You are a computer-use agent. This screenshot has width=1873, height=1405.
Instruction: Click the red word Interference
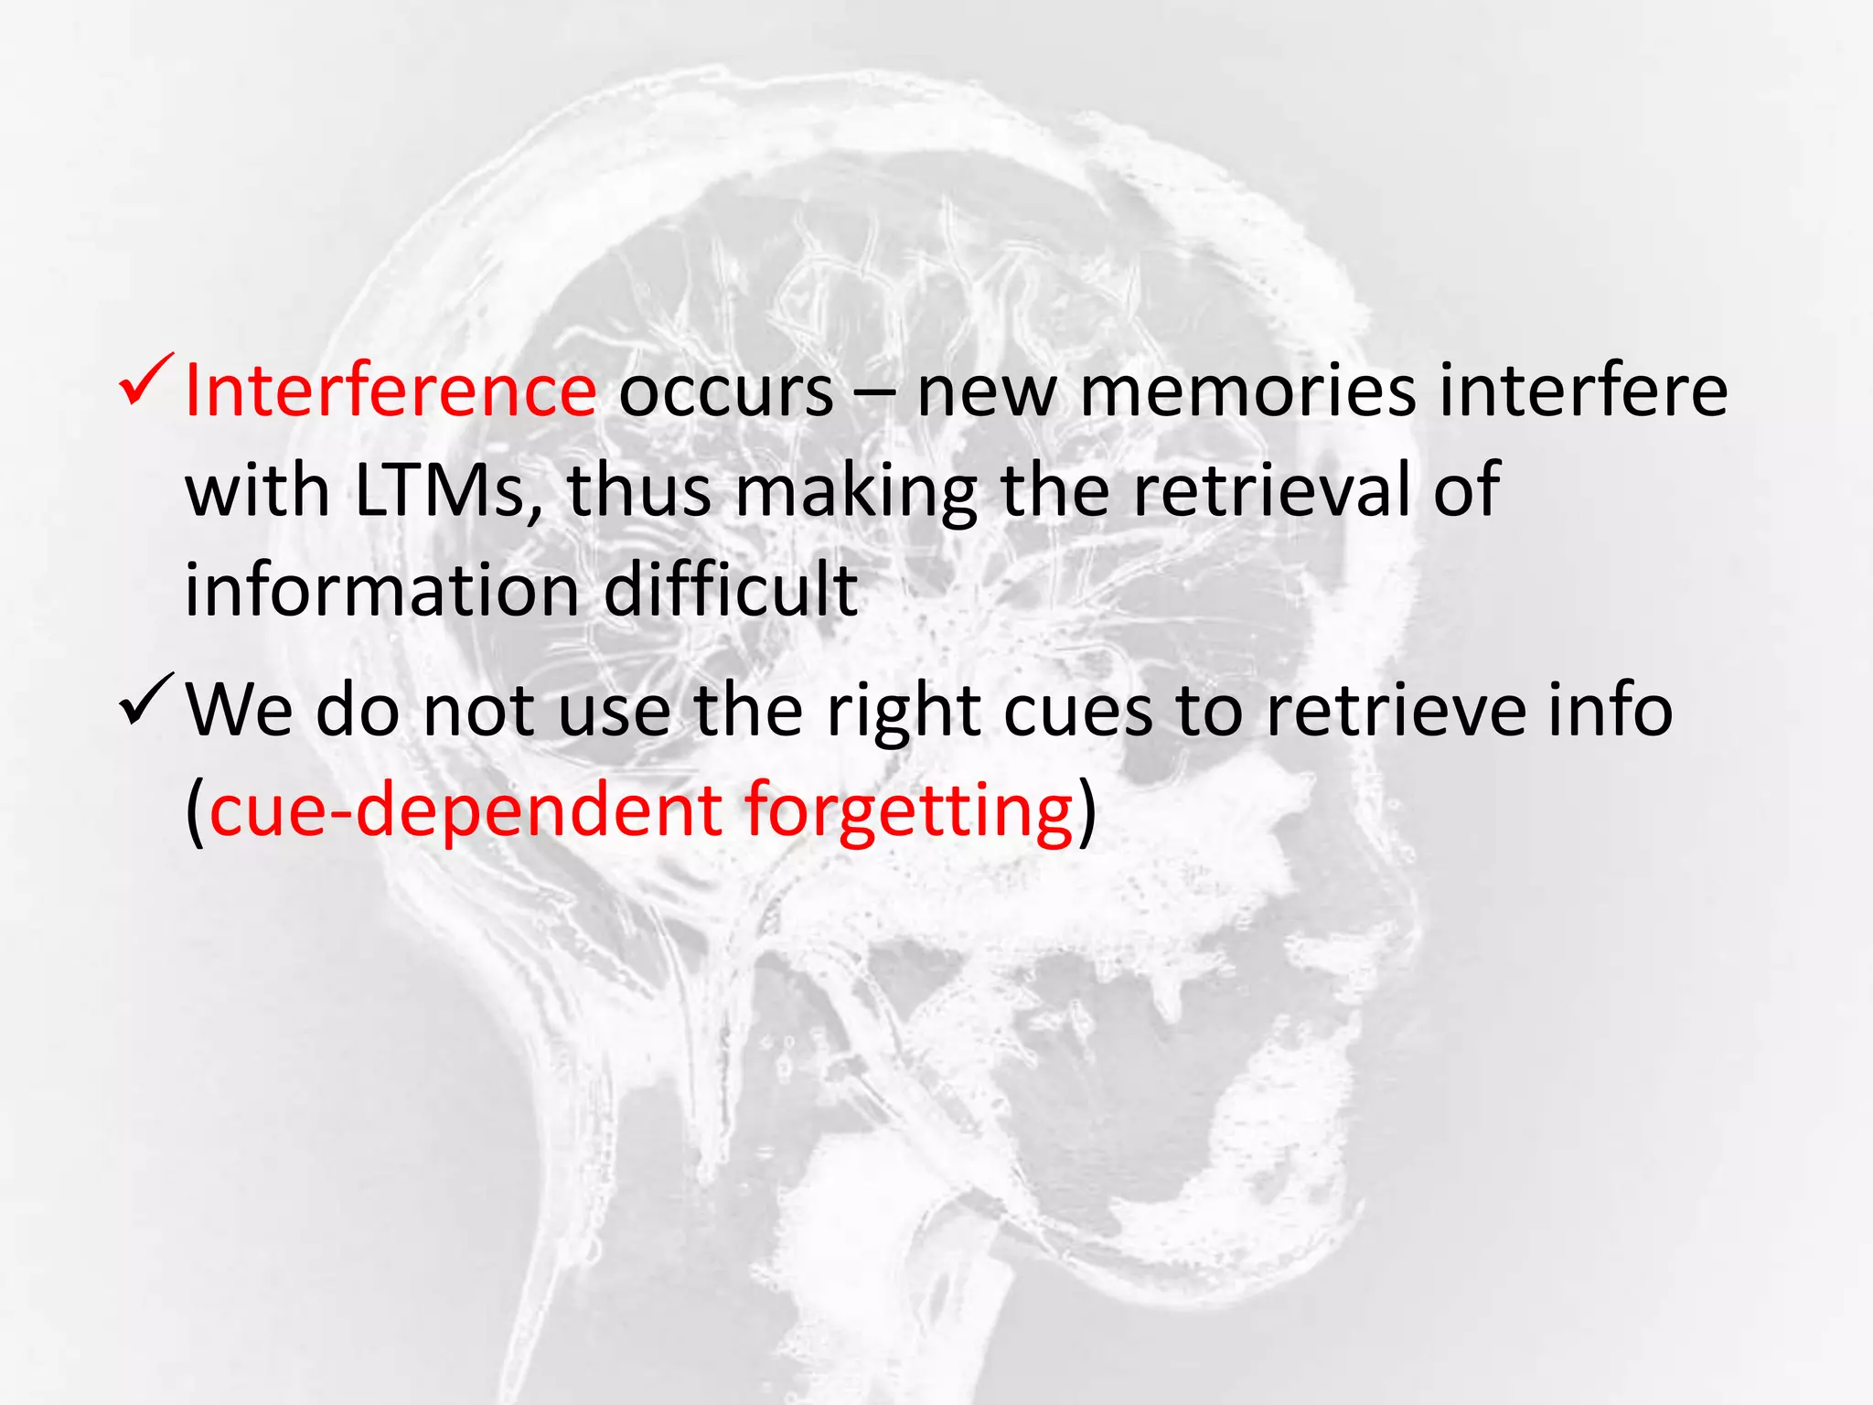point(391,391)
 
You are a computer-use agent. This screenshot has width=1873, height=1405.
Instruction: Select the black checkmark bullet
point(144,699)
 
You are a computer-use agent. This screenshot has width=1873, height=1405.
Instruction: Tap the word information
point(382,590)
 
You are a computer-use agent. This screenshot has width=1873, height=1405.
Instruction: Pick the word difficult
point(731,590)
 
